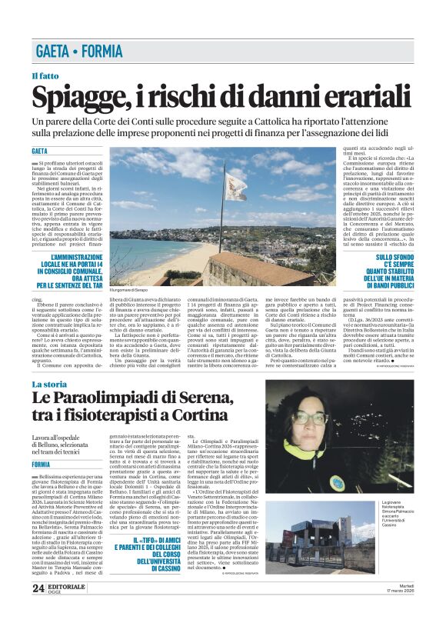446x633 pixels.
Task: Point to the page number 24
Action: click(38, 610)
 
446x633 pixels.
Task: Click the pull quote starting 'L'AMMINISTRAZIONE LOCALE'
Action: click(70, 271)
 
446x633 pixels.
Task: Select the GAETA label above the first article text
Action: click(39, 151)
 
